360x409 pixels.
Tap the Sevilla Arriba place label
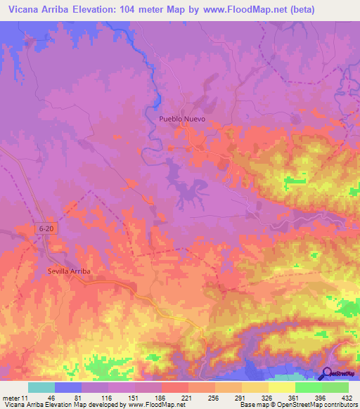tap(69, 271)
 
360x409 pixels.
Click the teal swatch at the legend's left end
tap(41, 387)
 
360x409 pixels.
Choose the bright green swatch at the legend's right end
tap(335, 387)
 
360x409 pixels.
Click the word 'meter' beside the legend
tap(11, 397)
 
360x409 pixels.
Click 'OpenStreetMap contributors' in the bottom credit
tap(315, 405)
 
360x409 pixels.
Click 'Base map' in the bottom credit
tap(252, 405)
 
